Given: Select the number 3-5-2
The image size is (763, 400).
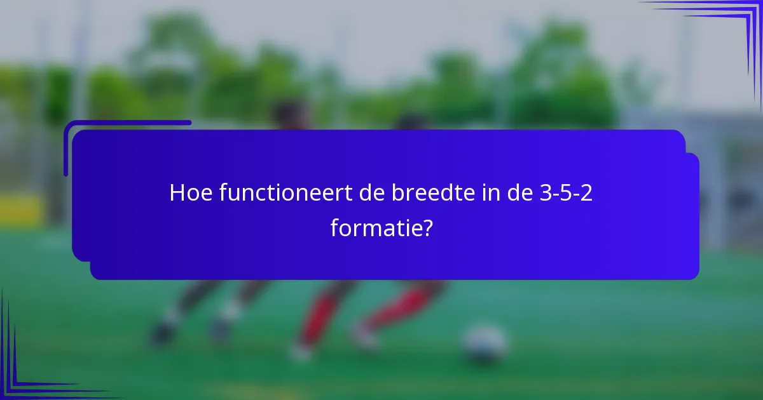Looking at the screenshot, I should tap(566, 194).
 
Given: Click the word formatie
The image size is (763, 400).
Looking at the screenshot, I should tap(376, 227).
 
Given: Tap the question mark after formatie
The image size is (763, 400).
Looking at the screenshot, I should tap(427, 227).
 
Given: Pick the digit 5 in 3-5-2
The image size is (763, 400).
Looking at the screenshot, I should tap(566, 194).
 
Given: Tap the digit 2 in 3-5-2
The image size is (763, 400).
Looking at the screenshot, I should tap(586, 194).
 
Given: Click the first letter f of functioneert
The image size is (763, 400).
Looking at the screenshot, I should tap(223, 194).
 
